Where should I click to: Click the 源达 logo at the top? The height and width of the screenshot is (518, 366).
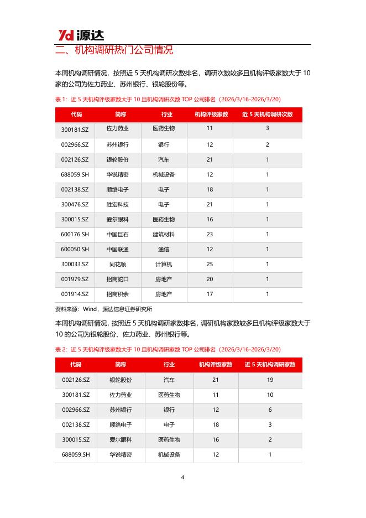81,35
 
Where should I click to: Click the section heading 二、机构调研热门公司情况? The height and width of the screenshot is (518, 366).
114,50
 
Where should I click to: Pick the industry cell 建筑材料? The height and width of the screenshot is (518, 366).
164,234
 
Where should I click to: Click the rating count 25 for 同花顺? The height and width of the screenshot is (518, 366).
210,264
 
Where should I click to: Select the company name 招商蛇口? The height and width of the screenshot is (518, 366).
117,279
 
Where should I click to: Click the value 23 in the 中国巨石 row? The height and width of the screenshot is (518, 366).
210,234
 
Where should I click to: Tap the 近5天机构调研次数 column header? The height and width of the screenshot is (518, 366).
268,115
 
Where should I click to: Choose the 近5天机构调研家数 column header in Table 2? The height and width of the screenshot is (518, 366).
270,365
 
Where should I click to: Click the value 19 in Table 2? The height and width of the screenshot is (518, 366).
270,380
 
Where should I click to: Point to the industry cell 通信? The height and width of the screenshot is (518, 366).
164,249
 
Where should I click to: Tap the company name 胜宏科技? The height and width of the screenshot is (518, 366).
117,204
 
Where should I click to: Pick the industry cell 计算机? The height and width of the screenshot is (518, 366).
164,264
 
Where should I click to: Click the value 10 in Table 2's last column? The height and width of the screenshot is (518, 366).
270,395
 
